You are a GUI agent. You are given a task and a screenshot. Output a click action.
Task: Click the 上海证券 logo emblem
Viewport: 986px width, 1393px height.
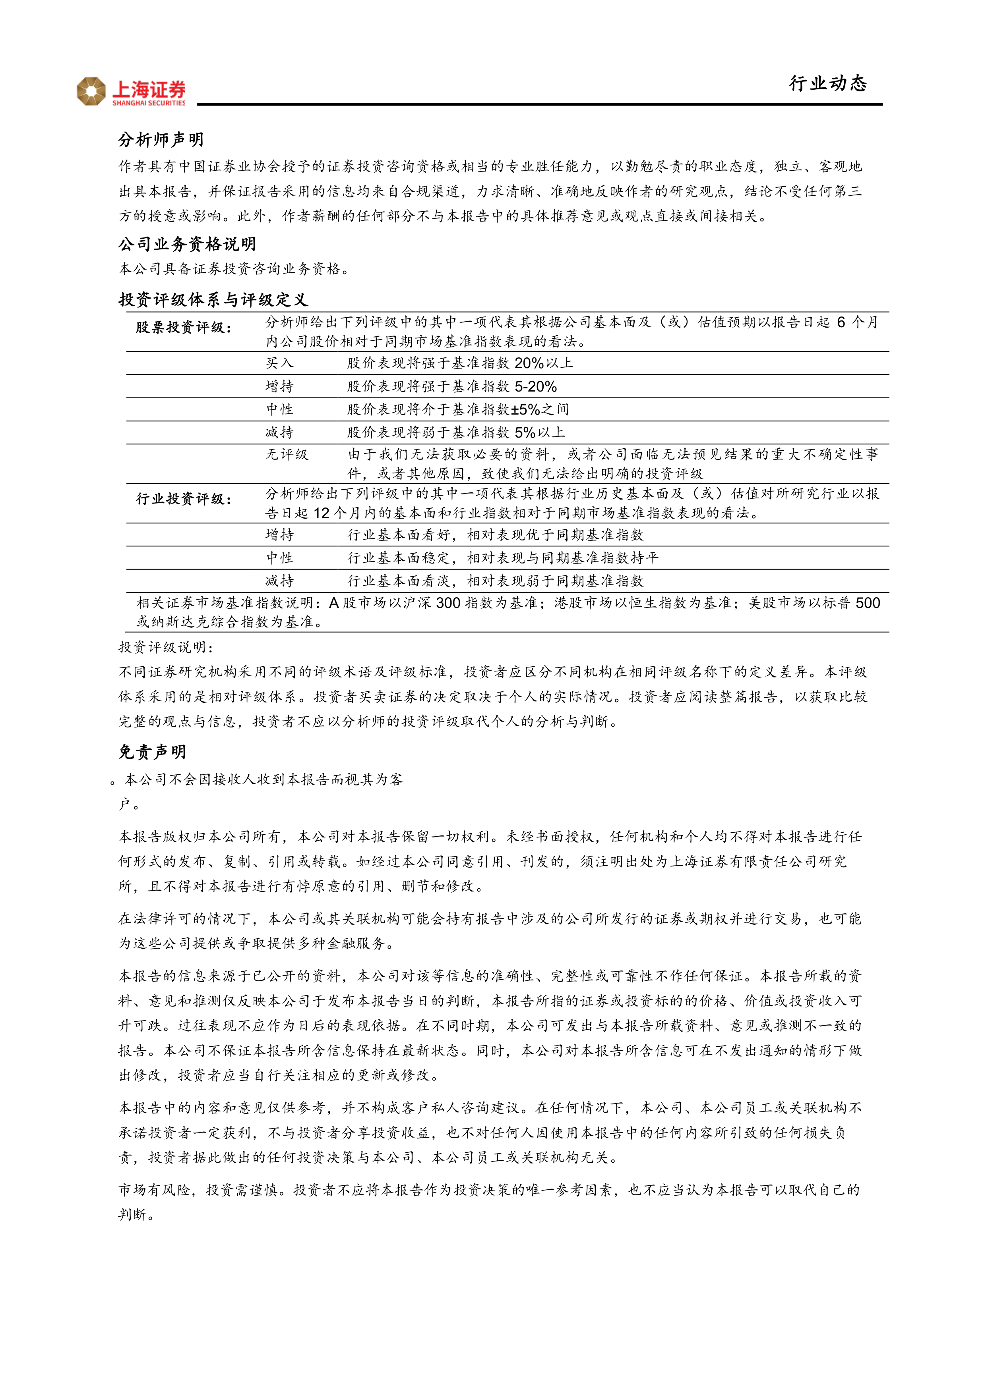[x=91, y=91]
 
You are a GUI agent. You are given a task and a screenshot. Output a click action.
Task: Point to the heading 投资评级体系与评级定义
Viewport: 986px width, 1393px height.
[x=213, y=299]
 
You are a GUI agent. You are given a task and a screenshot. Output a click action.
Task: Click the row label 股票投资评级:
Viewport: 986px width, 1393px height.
[x=183, y=328]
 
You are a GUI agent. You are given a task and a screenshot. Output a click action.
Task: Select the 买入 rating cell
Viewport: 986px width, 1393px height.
[x=279, y=363]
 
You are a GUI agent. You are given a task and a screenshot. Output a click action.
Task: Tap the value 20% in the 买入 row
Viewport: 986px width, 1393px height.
[x=529, y=363]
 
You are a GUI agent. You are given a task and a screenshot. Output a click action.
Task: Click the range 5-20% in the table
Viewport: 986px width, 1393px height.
[x=535, y=386]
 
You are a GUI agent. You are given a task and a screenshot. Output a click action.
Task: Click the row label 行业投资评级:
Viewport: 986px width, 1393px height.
[x=183, y=499]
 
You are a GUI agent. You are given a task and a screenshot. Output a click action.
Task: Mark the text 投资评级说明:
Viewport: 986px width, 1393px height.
[x=166, y=647]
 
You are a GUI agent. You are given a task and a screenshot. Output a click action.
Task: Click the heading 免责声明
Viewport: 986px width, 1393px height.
[x=152, y=752]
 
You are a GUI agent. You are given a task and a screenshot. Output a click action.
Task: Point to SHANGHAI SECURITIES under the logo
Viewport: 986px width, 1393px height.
[x=149, y=103]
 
